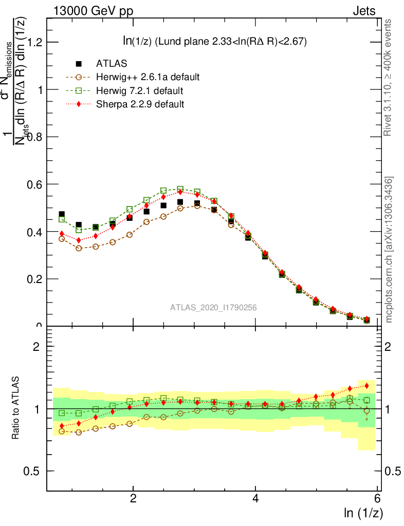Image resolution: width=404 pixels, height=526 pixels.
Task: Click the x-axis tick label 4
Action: coord(255,499)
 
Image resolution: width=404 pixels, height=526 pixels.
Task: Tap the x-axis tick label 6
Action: coord(377,499)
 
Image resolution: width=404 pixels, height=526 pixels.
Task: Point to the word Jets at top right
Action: coord(364,11)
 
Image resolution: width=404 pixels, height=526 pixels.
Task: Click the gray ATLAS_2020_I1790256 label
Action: coord(214,307)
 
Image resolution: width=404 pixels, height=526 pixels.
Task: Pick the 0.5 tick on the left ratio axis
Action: coord(33,471)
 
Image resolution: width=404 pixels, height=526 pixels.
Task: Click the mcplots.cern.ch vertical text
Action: coord(389,250)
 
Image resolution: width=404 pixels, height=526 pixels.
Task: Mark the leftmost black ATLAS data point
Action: coord(62,214)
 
